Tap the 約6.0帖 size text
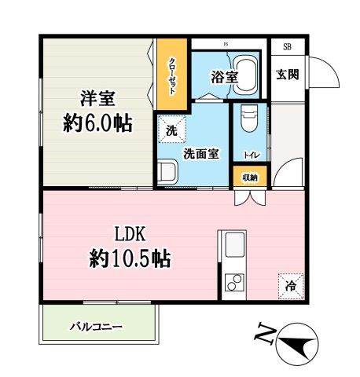click(97, 123)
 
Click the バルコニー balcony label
click(96, 325)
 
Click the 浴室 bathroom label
click(223, 77)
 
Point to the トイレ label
click(249, 156)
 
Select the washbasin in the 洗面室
click(167, 171)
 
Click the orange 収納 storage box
click(250, 178)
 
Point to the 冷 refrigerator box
click(289, 286)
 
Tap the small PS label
click(226, 44)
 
